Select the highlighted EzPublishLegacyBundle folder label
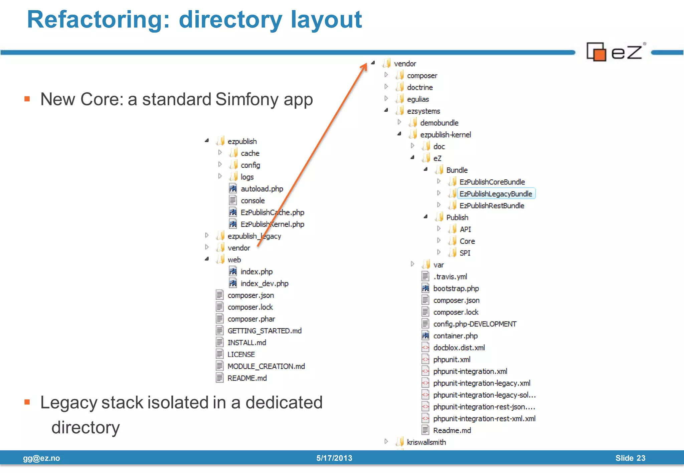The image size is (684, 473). click(x=496, y=194)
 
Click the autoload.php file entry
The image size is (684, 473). click(x=262, y=189)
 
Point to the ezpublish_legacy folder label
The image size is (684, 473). click(x=254, y=236)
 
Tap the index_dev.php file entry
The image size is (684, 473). click(x=264, y=284)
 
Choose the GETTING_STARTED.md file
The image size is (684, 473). click(x=265, y=331)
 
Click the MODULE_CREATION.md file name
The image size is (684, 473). click(x=266, y=366)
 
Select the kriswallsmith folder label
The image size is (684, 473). click(x=426, y=442)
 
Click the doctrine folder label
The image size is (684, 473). click(x=420, y=87)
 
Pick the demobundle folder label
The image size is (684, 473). click(x=439, y=123)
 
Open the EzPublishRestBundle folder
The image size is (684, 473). click(x=492, y=206)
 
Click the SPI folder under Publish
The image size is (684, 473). click(x=465, y=253)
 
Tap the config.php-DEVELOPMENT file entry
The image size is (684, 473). click(x=475, y=324)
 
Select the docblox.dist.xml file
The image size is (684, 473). click(x=459, y=348)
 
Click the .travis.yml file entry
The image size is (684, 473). click(x=450, y=277)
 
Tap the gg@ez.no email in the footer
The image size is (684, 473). click(x=41, y=458)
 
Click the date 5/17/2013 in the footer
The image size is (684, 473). click(x=334, y=458)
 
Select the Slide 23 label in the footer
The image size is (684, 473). click(x=630, y=458)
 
